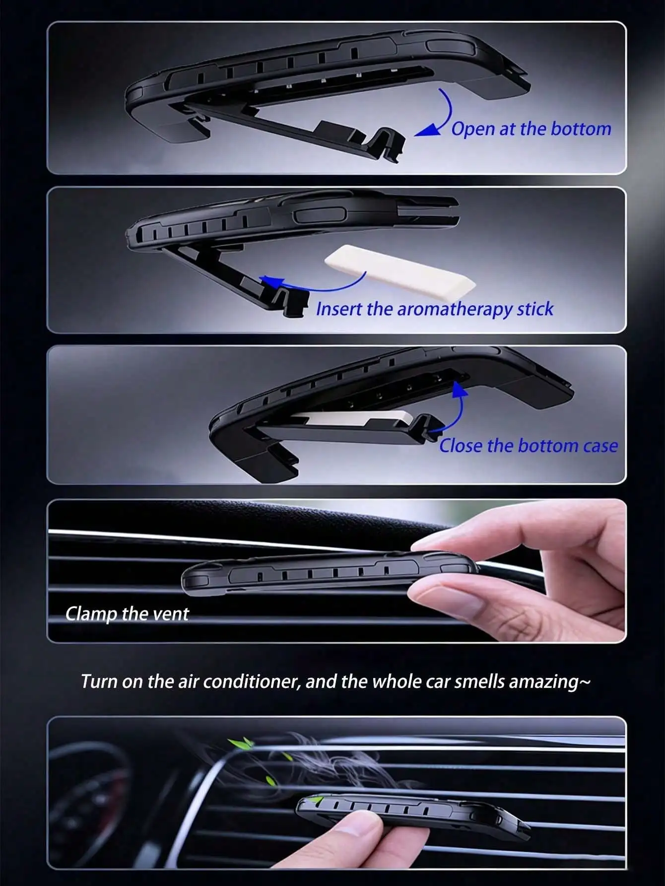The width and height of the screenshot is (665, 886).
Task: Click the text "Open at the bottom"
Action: (x=531, y=129)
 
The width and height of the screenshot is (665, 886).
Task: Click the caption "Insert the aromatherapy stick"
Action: (x=434, y=309)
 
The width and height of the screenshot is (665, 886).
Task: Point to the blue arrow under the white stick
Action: (x=318, y=288)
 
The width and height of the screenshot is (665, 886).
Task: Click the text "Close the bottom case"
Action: (x=529, y=446)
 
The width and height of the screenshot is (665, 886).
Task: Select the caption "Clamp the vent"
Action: (x=127, y=614)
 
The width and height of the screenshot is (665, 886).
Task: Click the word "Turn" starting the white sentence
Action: (x=99, y=682)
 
